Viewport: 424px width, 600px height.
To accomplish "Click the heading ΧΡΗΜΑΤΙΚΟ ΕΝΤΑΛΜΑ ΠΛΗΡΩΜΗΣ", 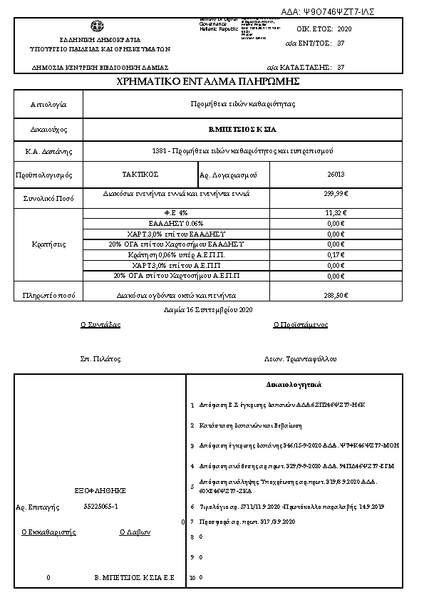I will coord(207,82).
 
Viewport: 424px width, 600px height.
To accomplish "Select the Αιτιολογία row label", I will coord(48,104).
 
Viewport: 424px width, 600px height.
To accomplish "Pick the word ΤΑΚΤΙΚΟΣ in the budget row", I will coord(140,174).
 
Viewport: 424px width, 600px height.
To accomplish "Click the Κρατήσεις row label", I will coord(49,244).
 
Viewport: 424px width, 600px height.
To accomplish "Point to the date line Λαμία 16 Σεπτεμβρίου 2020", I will coord(208,310).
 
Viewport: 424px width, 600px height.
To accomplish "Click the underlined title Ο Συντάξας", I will coord(100,324).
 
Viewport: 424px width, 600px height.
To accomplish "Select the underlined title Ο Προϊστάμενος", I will coord(301,324).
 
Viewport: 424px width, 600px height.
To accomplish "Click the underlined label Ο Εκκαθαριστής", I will coord(48,532).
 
